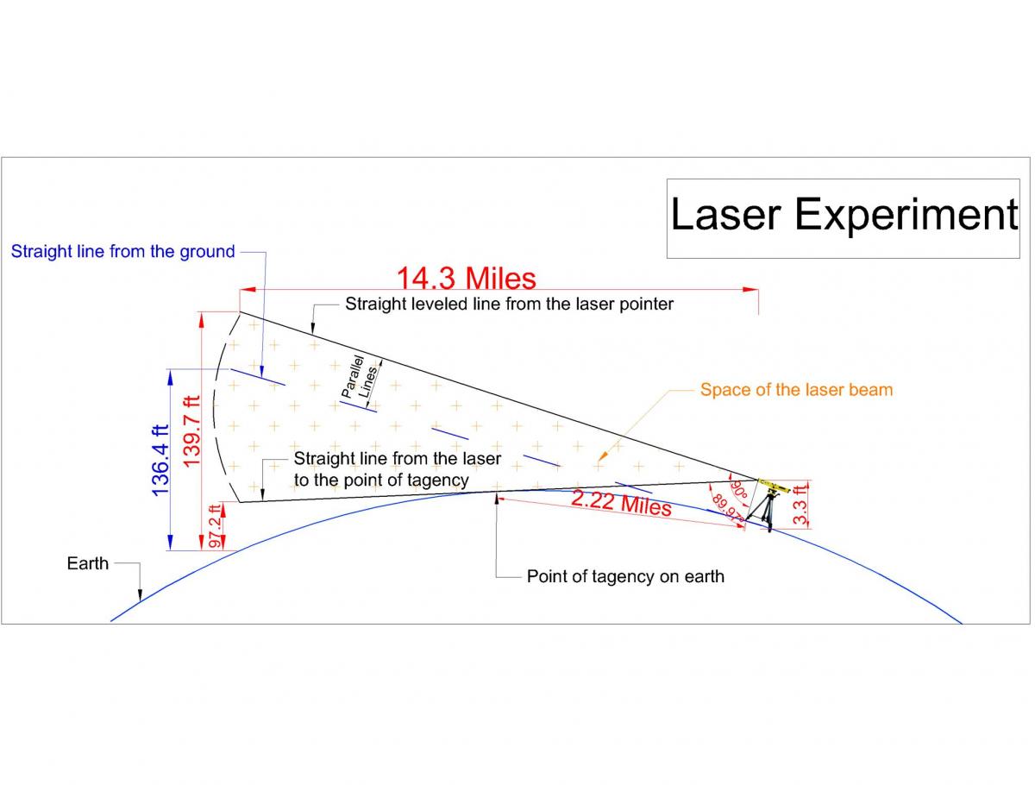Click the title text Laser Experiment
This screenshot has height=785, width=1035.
[x=844, y=214]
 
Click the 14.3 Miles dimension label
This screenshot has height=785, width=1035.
[x=466, y=278]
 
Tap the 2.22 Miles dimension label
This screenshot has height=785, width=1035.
[x=621, y=502]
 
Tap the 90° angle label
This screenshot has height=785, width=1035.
[x=740, y=489]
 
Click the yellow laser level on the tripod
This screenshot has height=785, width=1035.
[x=773, y=487]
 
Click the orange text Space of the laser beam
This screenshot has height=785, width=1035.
[x=796, y=390]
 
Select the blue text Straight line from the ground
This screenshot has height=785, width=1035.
[x=122, y=252]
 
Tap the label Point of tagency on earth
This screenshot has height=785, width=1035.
[x=625, y=576]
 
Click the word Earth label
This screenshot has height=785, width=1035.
[x=88, y=563]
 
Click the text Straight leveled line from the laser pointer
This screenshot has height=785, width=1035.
[x=509, y=304]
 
